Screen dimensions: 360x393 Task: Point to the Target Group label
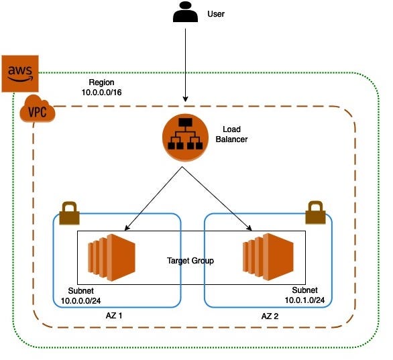click(190, 260)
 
